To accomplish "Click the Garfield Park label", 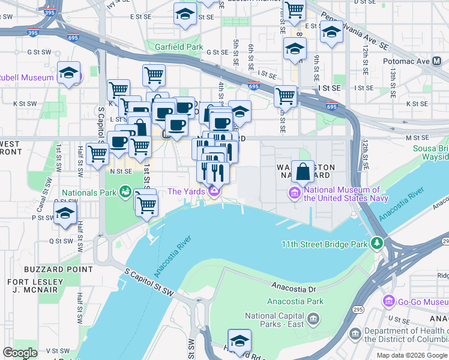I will point(179,46).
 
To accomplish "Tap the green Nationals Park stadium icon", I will point(125,192).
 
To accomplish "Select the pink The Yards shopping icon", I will point(214,191).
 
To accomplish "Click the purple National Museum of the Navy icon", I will point(295,193).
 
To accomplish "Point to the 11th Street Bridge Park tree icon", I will point(376,244).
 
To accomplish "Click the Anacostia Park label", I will point(295,301).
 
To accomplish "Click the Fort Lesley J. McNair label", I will point(35,287).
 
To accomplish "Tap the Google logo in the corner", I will point(20,352).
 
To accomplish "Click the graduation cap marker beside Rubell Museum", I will point(69,73).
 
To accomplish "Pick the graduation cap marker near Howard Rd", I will point(240,340).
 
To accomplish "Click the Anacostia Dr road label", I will point(293,288).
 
